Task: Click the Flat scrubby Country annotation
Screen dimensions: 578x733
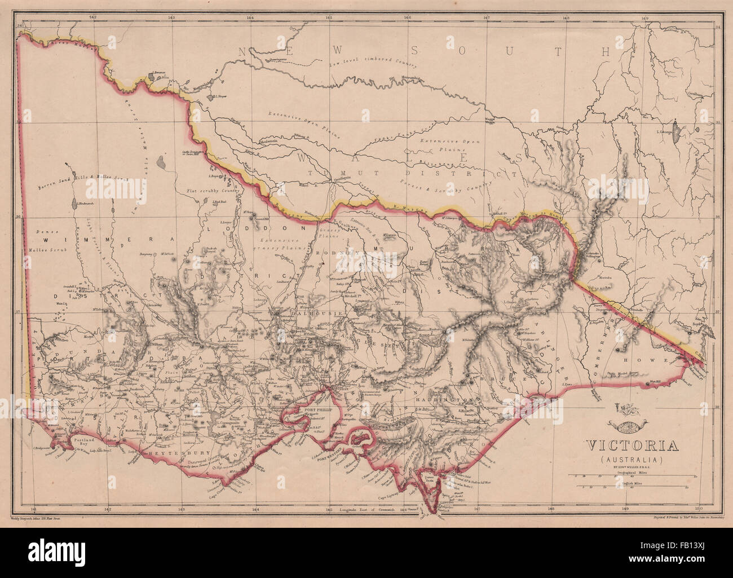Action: coord(213,191)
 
